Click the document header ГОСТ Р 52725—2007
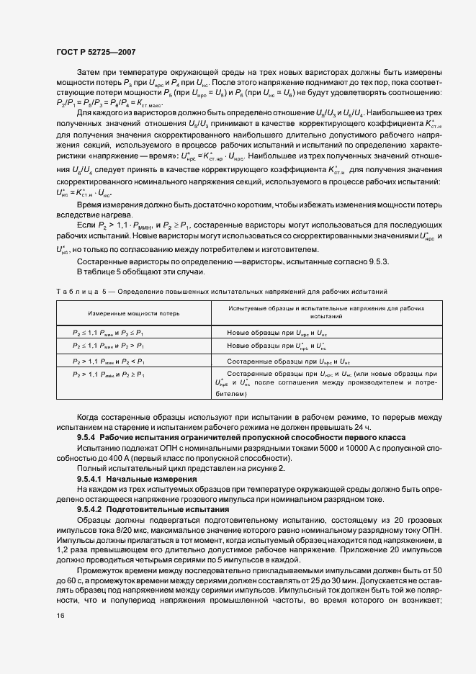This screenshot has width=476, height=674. pos(94,52)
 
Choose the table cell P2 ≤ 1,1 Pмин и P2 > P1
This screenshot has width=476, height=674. pos(109,346)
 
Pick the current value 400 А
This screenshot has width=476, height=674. pos(101,458)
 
